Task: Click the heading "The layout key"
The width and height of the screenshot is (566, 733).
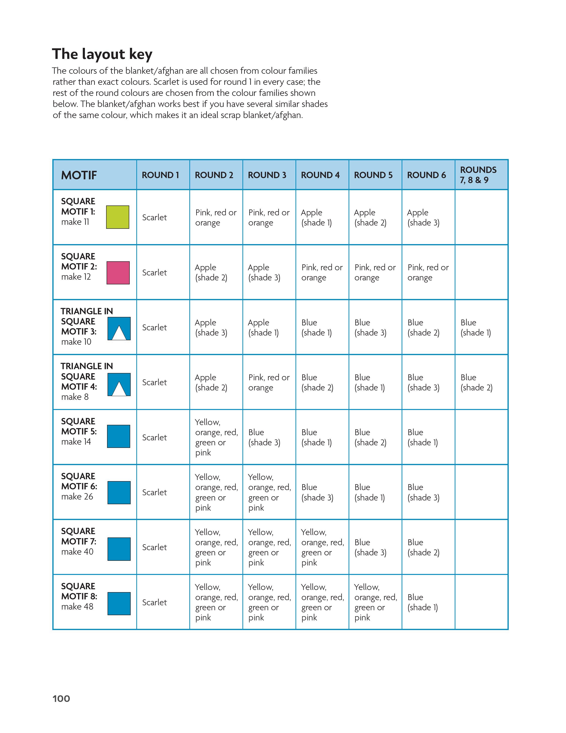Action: (x=102, y=54)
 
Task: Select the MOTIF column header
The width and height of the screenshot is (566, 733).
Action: (x=79, y=175)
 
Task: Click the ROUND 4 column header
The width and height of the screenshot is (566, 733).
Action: (x=320, y=175)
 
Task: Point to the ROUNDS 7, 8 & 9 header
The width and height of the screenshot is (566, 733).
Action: (x=478, y=175)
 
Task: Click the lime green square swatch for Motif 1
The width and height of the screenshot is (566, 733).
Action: (x=118, y=217)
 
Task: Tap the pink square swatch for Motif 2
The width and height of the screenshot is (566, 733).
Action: (x=118, y=273)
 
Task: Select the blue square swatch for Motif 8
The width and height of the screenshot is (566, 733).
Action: (x=119, y=603)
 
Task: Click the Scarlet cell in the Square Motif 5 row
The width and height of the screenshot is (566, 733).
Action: (x=154, y=437)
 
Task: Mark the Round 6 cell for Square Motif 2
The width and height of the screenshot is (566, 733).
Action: (x=428, y=272)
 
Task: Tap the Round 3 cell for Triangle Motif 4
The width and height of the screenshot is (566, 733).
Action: (x=269, y=382)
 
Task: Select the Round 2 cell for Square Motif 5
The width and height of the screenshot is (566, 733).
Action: (x=216, y=437)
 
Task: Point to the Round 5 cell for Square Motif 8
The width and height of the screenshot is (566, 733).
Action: (x=375, y=602)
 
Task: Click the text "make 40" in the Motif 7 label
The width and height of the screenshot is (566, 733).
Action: (x=77, y=551)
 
